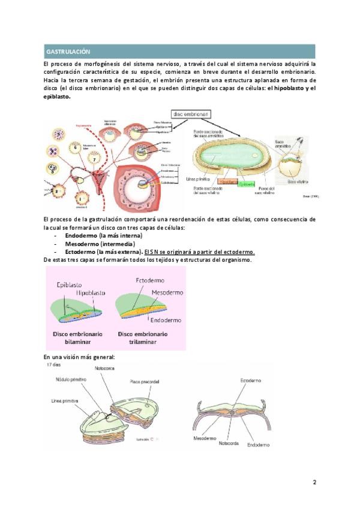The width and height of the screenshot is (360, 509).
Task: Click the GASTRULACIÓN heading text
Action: coord(68,52)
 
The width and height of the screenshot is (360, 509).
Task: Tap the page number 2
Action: coord(314,482)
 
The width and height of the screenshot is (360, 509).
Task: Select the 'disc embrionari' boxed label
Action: coord(191,113)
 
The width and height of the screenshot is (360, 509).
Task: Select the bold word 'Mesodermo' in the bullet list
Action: coord(83,244)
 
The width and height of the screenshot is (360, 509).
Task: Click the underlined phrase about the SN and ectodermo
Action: coord(200,252)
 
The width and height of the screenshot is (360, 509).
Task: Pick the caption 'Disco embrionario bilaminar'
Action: coord(77,337)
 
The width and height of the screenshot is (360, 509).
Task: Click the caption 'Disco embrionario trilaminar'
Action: coord(143,337)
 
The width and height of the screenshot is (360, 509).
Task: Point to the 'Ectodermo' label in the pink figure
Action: coord(151,280)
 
